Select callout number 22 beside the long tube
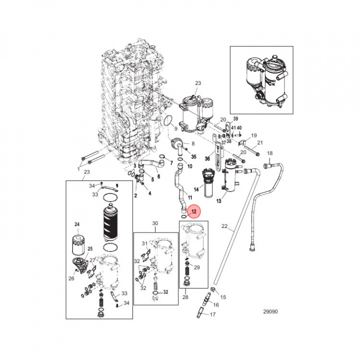pyautogui.click(x=225, y=227)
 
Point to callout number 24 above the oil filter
pyautogui.click(x=77, y=224)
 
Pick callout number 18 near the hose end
pyautogui.click(x=270, y=153)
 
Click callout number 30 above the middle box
pyautogui.click(x=154, y=223)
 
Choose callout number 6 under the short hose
pyautogui.click(x=158, y=176)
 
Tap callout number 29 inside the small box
pyautogui.click(x=197, y=268)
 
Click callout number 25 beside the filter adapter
pyautogui.click(x=90, y=249)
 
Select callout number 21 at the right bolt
pyautogui.click(x=260, y=143)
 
